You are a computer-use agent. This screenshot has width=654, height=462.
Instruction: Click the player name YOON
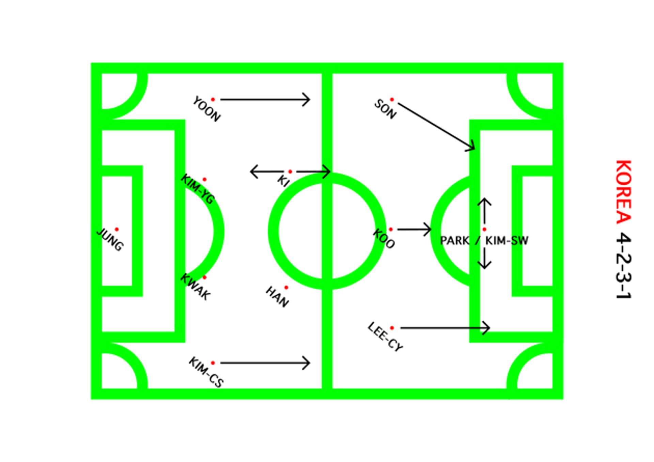[206, 109]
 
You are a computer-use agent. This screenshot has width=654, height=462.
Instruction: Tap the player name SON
[385, 109]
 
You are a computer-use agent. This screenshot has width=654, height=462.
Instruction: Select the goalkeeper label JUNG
[110, 240]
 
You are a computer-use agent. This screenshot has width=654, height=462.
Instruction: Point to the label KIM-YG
[198, 189]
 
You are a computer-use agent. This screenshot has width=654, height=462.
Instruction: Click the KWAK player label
[195, 287]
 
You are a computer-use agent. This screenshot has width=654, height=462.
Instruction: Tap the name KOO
[384, 238]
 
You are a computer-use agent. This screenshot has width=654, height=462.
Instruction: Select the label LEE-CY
[385, 337]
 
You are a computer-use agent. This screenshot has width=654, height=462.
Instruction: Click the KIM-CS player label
[206, 372]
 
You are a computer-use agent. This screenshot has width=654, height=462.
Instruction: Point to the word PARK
[454, 241]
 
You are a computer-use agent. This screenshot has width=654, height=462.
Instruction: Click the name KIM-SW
[507, 241]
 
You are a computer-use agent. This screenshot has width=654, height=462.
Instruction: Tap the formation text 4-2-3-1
[624, 266]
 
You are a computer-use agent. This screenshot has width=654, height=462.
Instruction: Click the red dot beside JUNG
[116, 229]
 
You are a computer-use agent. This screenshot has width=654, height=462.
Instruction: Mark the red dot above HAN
[286, 288]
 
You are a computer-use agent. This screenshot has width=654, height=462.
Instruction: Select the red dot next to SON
[392, 99]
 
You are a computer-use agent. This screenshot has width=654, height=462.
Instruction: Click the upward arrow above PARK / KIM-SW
[484, 210]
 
